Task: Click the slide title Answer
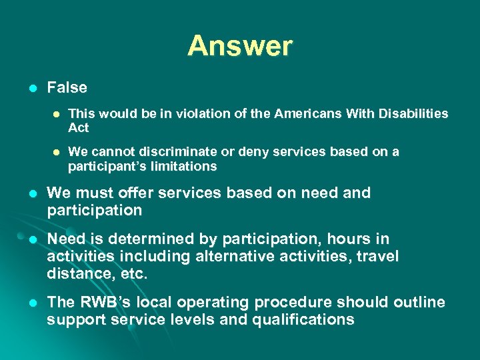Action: point(240,46)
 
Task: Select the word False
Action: point(67,87)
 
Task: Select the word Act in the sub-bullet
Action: point(78,127)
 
